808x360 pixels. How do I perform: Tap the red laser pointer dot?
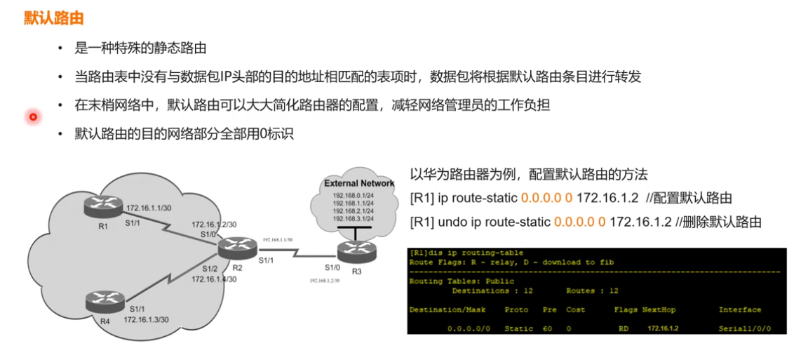(x=32, y=116)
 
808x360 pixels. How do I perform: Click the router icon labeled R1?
(x=102, y=206)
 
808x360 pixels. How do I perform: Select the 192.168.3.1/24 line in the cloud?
(x=353, y=219)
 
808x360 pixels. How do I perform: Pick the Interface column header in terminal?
(x=739, y=309)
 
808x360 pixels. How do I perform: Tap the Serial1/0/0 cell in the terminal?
(x=744, y=328)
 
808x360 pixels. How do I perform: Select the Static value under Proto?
(x=519, y=328)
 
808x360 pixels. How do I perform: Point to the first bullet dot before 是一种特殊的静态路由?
(x=60, y=49)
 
